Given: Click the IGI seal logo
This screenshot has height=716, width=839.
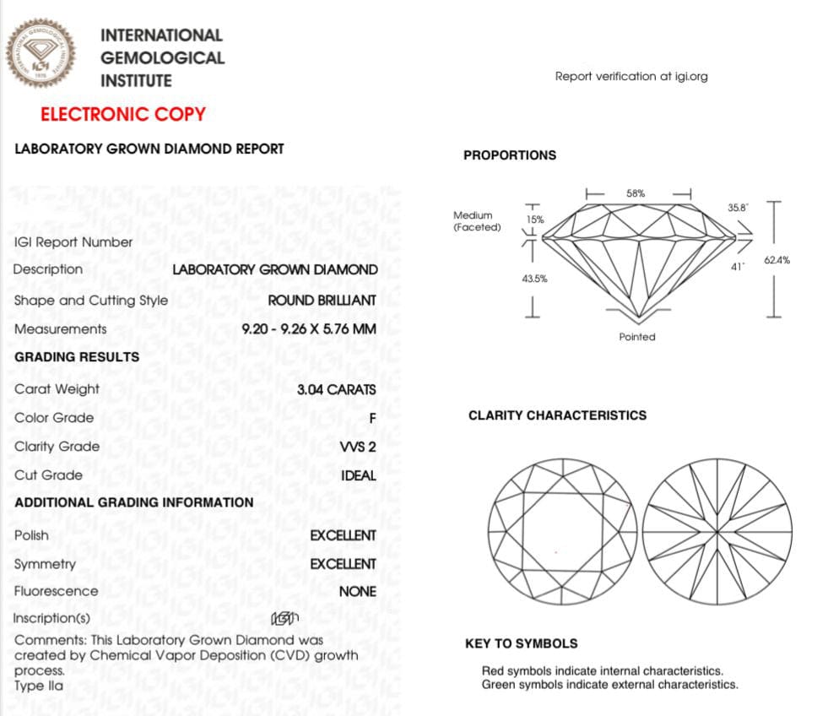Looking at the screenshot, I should click(41, 53).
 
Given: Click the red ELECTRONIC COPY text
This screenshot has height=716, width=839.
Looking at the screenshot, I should click(123, 115).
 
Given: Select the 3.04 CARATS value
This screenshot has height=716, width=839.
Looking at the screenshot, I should click(336, 390).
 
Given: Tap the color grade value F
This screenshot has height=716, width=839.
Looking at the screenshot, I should click(371, 418).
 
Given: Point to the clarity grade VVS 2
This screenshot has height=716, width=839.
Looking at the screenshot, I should click(357, 447).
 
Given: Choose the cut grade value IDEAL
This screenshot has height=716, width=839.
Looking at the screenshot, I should click(358, 475).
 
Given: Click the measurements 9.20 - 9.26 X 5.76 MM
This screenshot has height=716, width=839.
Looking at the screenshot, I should click(308, 329).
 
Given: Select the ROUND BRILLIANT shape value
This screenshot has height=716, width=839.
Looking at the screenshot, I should click(322, 301).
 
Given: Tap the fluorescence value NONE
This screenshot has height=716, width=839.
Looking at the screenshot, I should click(357, 592).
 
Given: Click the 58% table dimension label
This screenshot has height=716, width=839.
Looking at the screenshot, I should click(636, 193).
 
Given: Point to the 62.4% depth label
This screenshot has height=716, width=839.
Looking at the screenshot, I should click(777, 261).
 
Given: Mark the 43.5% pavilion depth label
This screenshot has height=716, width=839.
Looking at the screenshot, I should click(535, 279).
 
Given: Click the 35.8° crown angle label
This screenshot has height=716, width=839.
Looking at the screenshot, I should click(737, 207).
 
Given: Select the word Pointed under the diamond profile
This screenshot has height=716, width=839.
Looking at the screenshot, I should click(636, 337).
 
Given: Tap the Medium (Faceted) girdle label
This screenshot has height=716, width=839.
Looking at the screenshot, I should click(477, 221).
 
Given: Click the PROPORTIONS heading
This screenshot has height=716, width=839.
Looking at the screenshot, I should click(510, 155).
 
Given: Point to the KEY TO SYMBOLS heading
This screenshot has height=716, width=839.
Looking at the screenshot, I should click(521, 643).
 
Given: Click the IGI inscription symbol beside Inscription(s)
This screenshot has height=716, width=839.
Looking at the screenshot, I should click(284, 619).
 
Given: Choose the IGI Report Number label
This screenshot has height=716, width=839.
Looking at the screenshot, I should click(73, 242).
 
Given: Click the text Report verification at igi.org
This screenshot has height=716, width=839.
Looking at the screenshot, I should click(631, 77).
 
